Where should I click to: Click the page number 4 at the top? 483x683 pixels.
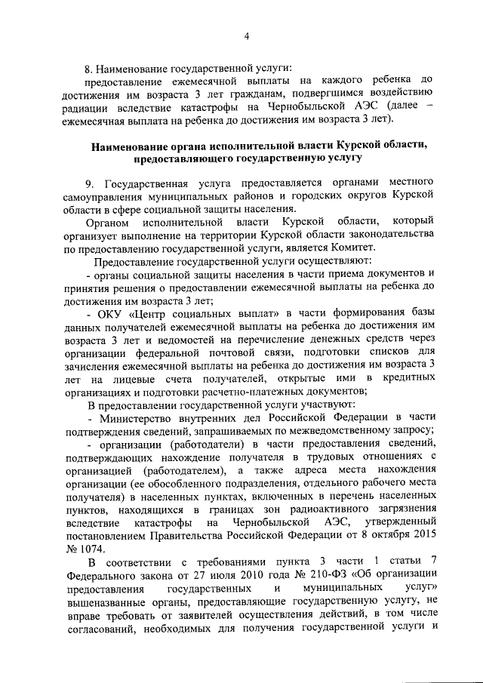[246, 32]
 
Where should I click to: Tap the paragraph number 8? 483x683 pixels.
[88, 67]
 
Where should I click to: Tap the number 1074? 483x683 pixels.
[99, 549]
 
